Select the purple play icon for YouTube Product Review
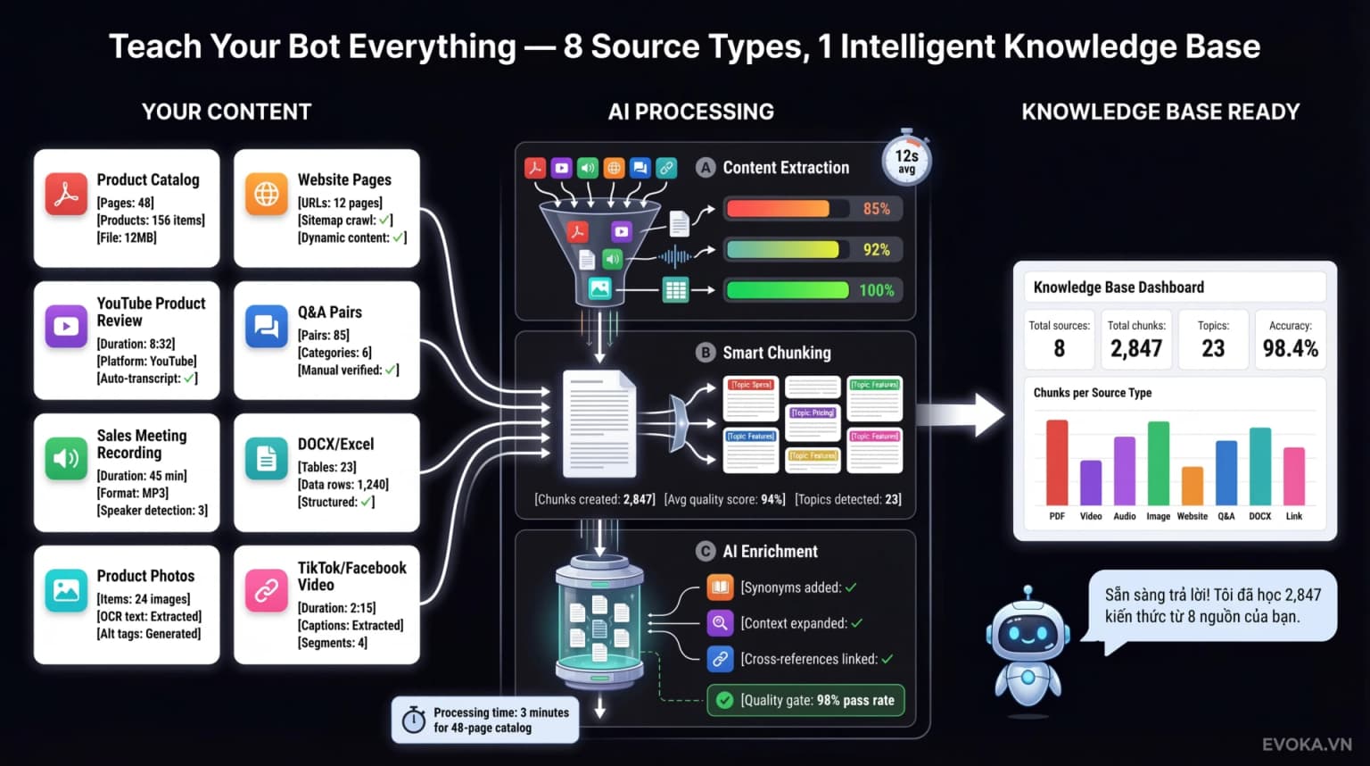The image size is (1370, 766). [x=66, y=327]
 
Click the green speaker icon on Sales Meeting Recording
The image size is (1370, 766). [x=66, y=459]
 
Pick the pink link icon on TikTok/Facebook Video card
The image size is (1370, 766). [x=266, y=591]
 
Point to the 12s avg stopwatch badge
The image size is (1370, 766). [x=906, y=161]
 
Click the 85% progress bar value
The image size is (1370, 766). [x=876, y=209]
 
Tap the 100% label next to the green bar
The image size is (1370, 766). [x=876, y=290]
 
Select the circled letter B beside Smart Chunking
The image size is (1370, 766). [x=706, y=353]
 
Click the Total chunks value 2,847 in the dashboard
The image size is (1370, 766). [x=1135, y=348]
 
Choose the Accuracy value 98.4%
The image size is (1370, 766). [x=1290, y=348]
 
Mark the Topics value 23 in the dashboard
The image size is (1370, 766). [x=1213, y=348]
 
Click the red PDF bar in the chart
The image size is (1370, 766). [x=1057, y=462]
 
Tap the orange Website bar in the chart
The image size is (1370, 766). [x=1193, y=486]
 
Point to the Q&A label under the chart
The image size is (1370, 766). [x=1226, y=516]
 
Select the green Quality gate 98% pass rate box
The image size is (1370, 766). [x=805, y=700]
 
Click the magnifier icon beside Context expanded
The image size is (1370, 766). [x=719, y=623]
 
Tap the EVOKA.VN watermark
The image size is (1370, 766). [x=1307, y=745]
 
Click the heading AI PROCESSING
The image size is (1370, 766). [x=690, y=112]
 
